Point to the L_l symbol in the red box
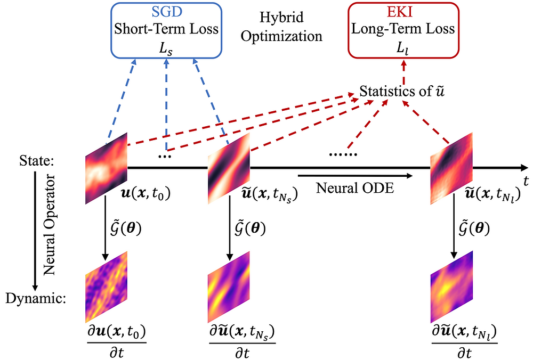(403, 48)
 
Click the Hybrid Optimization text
(290, 27)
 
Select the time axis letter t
(526, 182)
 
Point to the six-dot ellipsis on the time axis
(343, 154)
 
